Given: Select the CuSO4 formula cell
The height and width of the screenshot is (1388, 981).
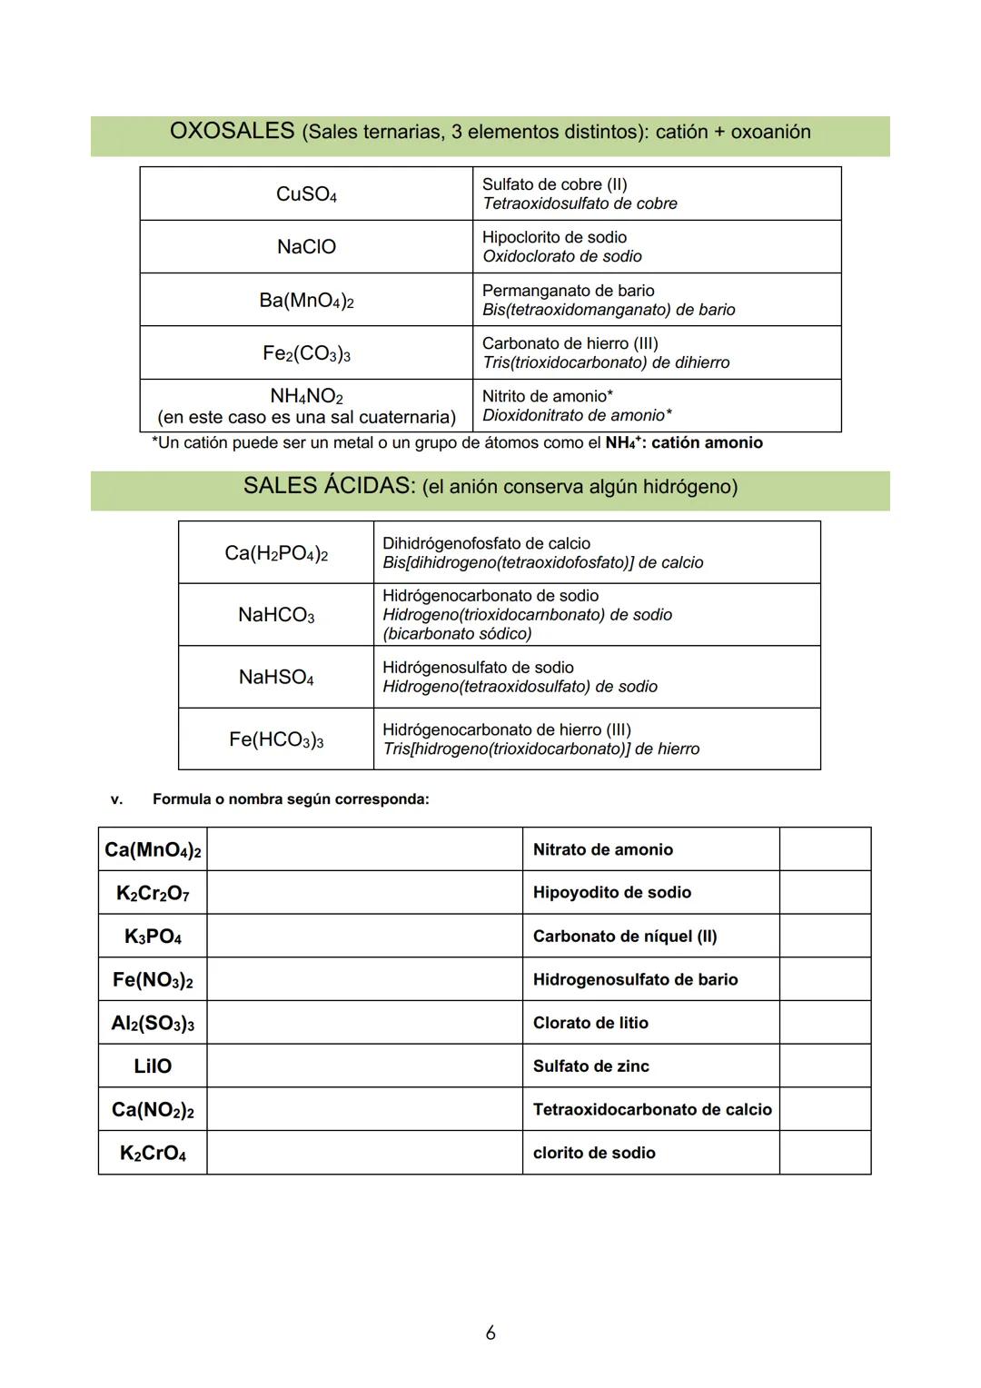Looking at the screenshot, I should [x=306, y=194].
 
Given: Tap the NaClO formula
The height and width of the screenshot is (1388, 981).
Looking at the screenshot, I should [x=306, y=247].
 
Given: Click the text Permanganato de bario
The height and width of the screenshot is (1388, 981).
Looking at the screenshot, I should [x=568, y=291].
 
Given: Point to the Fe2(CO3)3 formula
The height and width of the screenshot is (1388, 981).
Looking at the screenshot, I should [x=306, y=353].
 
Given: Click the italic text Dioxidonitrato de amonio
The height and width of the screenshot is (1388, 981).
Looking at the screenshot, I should [x=577, y=415].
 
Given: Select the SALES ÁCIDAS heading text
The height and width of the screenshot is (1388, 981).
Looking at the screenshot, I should [x=328, y=486].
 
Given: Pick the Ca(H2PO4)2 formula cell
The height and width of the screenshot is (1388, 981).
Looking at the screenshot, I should [x=276, y=553].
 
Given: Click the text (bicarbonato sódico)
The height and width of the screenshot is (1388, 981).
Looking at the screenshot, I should [x=457, y=633].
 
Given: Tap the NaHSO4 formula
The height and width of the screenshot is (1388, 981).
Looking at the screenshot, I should [x=276, y=678].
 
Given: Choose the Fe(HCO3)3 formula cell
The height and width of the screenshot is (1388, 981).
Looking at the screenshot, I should [x=276, y=740].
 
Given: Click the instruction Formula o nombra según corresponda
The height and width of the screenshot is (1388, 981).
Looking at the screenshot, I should [x=291, y=799].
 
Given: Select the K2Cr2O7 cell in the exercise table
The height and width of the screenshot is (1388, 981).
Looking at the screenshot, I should [x=153, y=893].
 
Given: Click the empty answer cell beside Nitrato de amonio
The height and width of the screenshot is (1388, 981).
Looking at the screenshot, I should [x=825, y=849].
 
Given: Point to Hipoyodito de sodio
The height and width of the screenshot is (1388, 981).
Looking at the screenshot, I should [x=611, y=893].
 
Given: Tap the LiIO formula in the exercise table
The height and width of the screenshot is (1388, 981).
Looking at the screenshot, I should [x=153, y=1066].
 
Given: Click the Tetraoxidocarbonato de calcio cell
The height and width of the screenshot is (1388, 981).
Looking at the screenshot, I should [x=651, y=1109].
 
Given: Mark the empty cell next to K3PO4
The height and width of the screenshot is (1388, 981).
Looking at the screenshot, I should [x=364, y=937].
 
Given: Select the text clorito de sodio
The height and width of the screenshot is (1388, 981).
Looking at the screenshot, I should [x=594, y=1153].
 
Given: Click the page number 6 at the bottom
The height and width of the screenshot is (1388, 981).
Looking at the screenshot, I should [x=490, y=1333].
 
